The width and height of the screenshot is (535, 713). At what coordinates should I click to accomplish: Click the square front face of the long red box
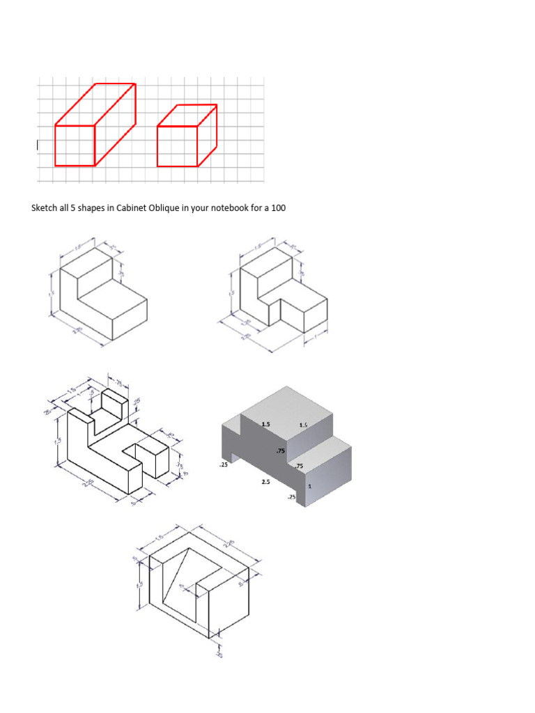75,146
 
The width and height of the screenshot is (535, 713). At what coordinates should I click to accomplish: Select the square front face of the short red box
178,146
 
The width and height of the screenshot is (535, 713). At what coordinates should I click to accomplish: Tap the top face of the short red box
187,115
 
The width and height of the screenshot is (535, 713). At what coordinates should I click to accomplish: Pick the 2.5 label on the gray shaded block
265,481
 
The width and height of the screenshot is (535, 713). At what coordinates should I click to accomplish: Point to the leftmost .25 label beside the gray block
223,464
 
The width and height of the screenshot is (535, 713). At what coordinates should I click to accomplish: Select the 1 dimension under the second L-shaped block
316,336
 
